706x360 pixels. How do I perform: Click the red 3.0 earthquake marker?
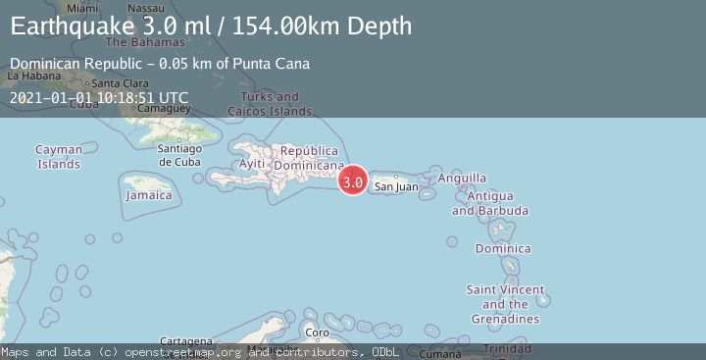[353, 181]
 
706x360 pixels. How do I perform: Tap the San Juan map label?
[397, 186]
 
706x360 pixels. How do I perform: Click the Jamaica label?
[149, 195]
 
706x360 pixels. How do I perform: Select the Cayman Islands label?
[58, 157]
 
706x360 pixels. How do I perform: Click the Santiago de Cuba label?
[179, 154]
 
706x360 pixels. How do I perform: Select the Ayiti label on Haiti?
[252, 164]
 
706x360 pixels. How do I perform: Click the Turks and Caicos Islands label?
[264, 104]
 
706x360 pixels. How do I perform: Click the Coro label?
[311, 334]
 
